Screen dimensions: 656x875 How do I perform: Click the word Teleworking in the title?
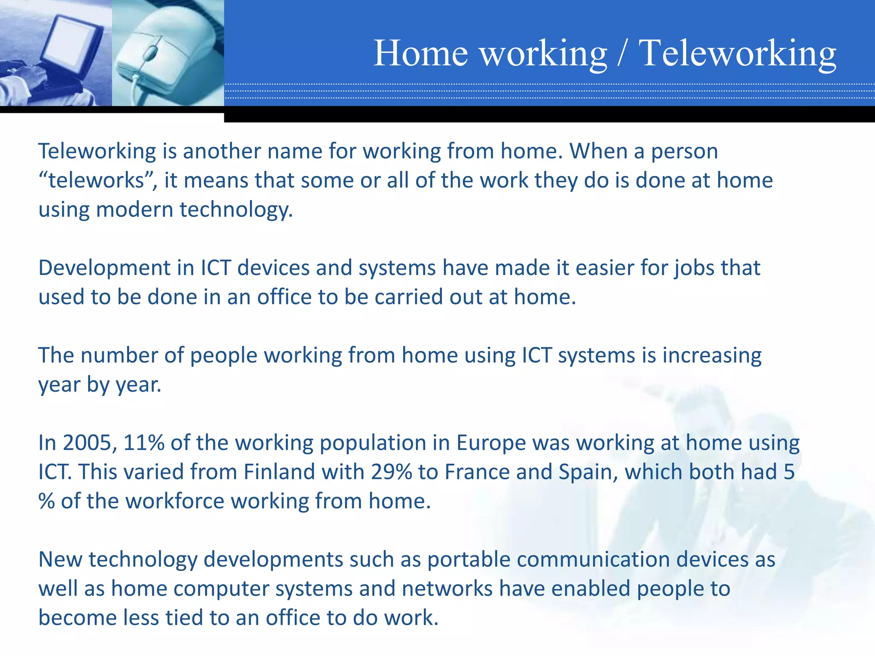737,53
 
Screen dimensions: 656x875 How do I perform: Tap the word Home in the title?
421,53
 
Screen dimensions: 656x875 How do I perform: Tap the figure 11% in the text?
144,443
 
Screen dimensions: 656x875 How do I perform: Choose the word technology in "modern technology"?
236,210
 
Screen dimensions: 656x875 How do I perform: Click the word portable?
469,560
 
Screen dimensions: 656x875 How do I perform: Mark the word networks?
447,589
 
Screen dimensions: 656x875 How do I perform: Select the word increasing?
712,356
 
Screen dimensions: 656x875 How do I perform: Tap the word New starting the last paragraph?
60,560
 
